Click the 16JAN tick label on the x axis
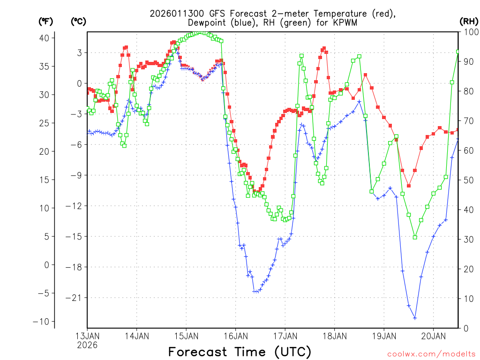[235, 336]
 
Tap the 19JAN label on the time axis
[384, 336]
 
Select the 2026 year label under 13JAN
[87, 345]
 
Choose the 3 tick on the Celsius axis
[79, 52]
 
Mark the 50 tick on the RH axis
[468, 180]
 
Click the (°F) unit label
[46, 21]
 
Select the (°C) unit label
[79, 21]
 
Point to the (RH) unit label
[469, 21]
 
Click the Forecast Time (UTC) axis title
[240, 352]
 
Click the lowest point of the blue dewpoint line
[415, 318]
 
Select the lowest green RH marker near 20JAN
[415, 237]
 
